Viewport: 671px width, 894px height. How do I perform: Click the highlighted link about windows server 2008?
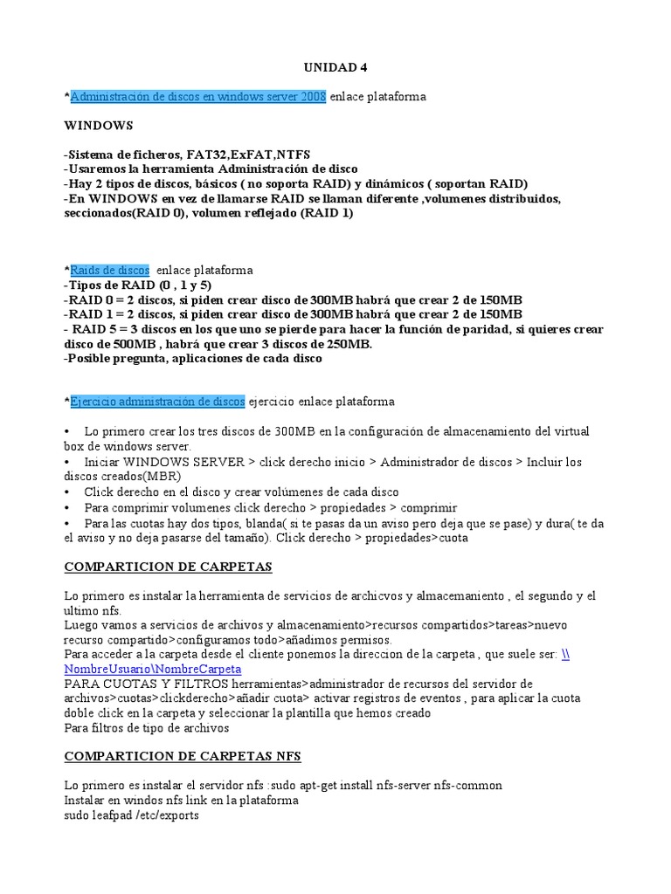(198, 97)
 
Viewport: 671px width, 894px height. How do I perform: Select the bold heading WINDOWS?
(99, 126)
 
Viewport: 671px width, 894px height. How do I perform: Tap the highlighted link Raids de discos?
(109, 271)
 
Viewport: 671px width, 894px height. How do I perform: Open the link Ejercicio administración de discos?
(157, 402)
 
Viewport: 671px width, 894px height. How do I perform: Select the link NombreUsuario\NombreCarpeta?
(153, 669)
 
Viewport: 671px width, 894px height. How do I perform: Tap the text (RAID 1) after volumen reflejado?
(327, 213)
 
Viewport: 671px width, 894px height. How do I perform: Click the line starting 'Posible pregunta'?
(193, 359)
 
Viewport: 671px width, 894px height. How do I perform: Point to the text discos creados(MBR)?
(122, 477)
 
